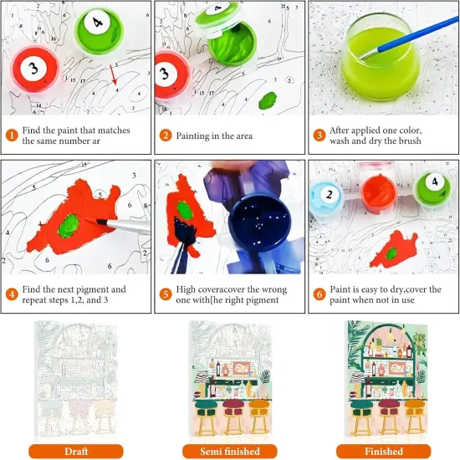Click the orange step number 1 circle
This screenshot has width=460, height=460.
[12, 135]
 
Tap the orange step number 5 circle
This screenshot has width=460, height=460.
[166, 294]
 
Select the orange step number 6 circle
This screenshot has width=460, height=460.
[319, 294]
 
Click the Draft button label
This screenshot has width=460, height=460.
[76, 451]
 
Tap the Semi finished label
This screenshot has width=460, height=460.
[230, 451]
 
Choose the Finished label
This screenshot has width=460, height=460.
[383, 451]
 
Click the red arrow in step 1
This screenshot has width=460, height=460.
[113, 74]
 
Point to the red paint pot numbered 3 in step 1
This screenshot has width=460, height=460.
[35, 69]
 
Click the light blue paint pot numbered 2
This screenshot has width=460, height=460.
[327, 197]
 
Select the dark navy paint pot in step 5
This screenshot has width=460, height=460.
[258, 222]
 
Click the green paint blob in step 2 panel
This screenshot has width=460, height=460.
[268, 100]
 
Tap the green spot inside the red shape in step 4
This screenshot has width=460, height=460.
[69, 226]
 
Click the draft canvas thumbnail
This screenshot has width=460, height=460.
[76, 381]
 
